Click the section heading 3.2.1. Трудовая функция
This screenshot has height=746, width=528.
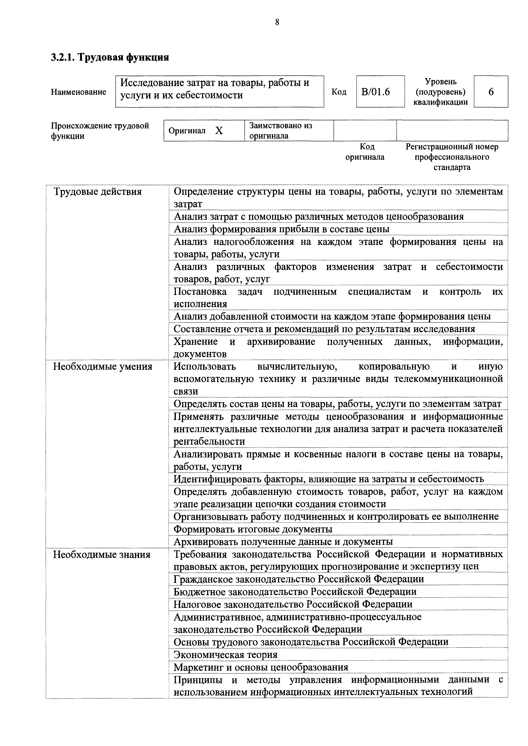110,57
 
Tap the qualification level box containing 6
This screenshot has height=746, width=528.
491,92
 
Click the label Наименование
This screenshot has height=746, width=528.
78,92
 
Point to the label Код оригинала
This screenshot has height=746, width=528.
365,152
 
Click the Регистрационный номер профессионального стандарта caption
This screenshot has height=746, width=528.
452,157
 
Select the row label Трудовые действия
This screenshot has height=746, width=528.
98,191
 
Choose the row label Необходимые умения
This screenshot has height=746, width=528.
102,366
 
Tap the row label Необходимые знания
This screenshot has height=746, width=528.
102,554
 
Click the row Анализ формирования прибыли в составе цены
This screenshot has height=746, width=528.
281,229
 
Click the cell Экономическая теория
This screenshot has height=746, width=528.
225,654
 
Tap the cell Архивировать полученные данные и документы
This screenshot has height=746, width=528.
283,542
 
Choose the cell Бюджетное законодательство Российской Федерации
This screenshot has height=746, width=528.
295,592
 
